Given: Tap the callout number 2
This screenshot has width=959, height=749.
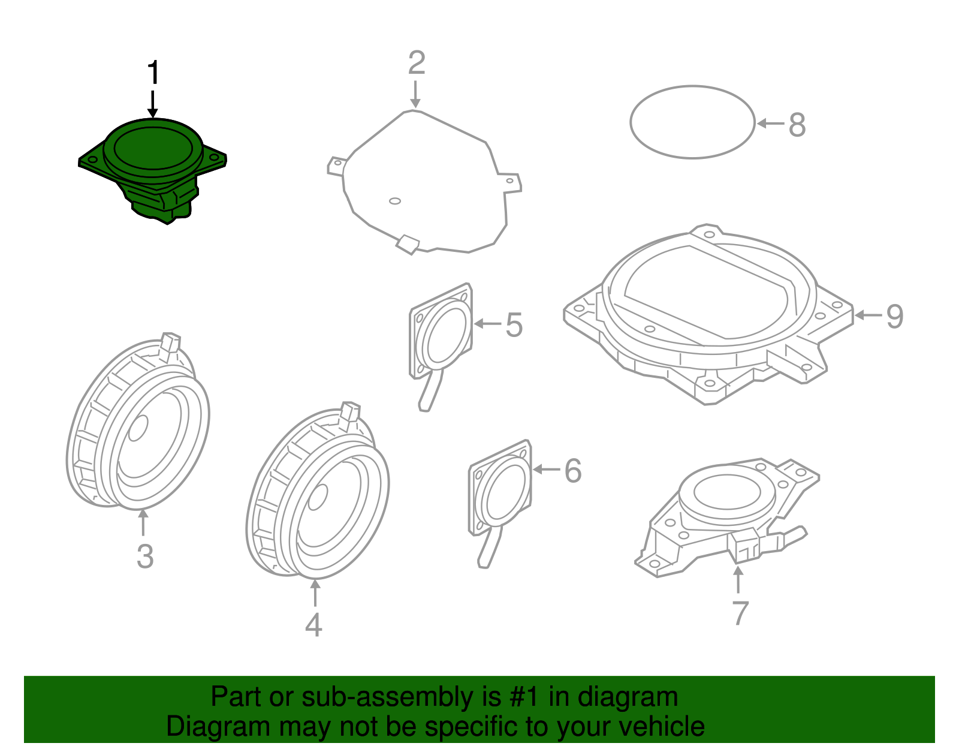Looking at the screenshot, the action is (x=417, y=63).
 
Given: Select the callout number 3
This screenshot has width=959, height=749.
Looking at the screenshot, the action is (x=145, y=556).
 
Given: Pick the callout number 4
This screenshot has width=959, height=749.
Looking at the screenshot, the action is (x=314, y=624).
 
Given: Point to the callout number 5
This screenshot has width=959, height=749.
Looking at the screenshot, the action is (x=514, y=325).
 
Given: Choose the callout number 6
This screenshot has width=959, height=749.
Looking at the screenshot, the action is (x=573, y=471).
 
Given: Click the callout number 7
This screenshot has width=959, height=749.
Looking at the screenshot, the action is (x=741, y=613).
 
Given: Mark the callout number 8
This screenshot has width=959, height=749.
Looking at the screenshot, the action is (x=797, y=125).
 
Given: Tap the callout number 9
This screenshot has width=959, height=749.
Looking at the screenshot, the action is (x=895, y=317).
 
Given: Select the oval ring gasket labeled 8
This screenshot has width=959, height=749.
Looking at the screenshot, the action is (x=631, y=122).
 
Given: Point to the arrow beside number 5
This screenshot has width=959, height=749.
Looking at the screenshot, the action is (x=487, y=323).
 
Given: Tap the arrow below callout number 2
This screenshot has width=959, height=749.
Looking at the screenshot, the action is (x=415, y=94).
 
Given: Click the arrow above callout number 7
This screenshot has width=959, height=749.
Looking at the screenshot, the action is (x=738, y=579).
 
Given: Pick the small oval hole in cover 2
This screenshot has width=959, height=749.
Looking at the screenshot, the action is (x=395, y=201).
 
